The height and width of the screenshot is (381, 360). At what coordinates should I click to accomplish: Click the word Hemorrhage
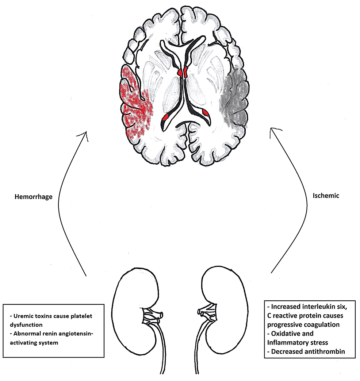[x=34, y=197]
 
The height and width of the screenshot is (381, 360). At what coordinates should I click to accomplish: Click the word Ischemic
[x=326, y=196]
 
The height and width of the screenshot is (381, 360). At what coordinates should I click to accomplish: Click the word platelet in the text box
[x=83, y=316]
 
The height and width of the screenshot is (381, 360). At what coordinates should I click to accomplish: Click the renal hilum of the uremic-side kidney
[x=154, y=314]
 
